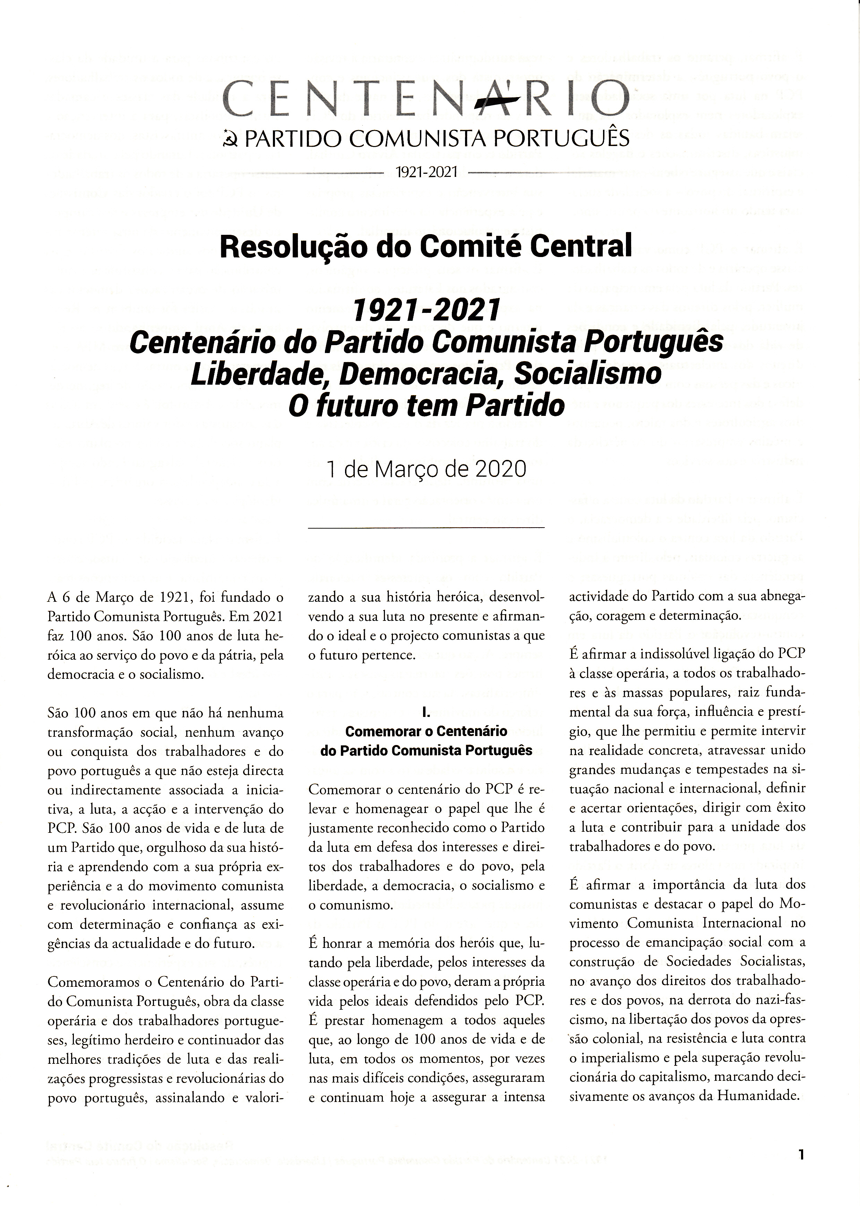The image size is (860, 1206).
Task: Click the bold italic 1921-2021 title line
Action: click(426, 309)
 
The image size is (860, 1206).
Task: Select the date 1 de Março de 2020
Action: click(426, 469)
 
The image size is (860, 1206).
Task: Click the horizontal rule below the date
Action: click(426, 527)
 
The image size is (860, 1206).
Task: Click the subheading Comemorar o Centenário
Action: click(426, 732)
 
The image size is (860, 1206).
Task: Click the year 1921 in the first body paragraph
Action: click(173, 598)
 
